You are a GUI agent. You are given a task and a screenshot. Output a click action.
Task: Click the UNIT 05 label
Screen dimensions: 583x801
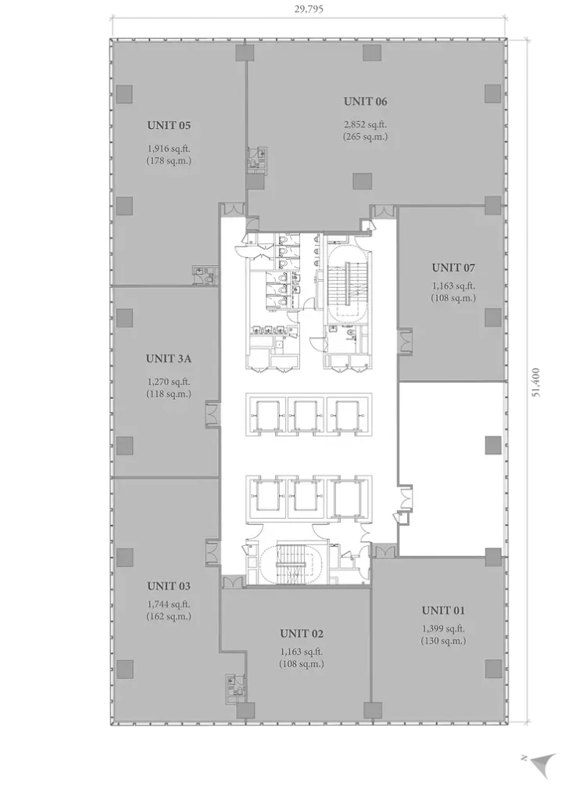click(x=169, y=125)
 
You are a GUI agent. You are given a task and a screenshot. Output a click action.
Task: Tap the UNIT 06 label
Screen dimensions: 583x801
click(x=366, y=101)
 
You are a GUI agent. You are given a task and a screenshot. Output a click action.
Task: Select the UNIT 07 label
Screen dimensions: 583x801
click(x=453, y=268)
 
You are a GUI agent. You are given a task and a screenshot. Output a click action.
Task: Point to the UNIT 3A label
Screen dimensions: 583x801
click(x=169, y=358)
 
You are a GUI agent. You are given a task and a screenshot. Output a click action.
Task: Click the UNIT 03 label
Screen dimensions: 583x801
click(x=169, y=586)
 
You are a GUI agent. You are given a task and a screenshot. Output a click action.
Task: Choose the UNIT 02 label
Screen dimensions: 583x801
click(x=302, y=634)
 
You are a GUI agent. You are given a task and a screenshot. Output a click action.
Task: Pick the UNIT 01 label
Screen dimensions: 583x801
click(x=443, y=610)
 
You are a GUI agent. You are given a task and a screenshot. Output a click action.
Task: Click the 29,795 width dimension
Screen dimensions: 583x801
click(x=309, y=9)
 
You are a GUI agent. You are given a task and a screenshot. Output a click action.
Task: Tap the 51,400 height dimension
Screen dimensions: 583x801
click(x=535, y=382)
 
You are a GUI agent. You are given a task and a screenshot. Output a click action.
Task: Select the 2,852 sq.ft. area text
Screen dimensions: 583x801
click(x=366, y=124)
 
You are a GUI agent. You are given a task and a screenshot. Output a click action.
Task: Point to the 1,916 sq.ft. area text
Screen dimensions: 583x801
click(x=169, y=149)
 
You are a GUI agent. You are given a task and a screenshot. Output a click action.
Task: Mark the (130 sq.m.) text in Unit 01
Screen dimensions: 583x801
click(x=443, y=641)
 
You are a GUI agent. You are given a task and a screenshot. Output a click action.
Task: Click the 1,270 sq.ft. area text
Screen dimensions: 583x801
click(x=169, y=382)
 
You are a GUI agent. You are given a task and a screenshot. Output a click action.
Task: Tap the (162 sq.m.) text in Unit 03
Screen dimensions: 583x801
click(x=169, y=616)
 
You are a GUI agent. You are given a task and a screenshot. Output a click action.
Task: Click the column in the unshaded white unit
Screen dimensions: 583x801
click(x=492, y=445)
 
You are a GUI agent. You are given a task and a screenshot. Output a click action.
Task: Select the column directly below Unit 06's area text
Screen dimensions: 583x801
click(x=362, y=181)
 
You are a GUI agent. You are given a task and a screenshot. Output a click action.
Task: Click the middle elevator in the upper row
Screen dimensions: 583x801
click(x=306, y=415)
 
